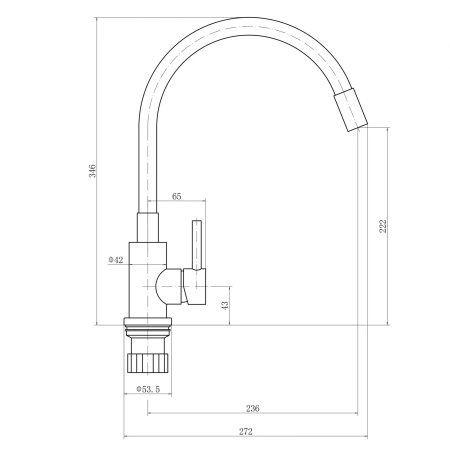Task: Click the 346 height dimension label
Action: point(92,171)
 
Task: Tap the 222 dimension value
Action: point(383,226)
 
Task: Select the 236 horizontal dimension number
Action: point(252,408)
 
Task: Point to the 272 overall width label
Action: point(245,431)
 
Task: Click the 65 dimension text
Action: point(177,196)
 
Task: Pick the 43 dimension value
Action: point(225,305)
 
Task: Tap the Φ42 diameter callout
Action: point(115,259)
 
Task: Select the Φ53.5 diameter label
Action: point(148,389)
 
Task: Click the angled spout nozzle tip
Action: point(350,109)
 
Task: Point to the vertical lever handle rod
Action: point(196,245)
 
